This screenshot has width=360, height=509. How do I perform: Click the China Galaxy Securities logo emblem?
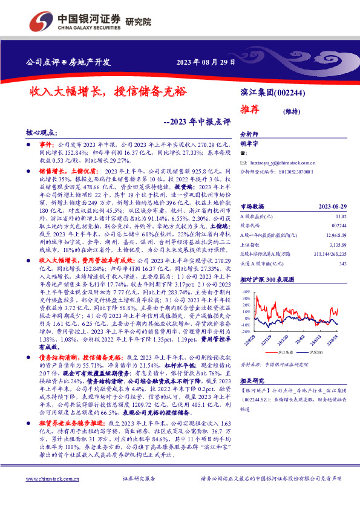[39, 21]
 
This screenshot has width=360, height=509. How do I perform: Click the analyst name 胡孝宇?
[249, 144]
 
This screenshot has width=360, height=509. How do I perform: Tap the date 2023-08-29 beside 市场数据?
[332, 189]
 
